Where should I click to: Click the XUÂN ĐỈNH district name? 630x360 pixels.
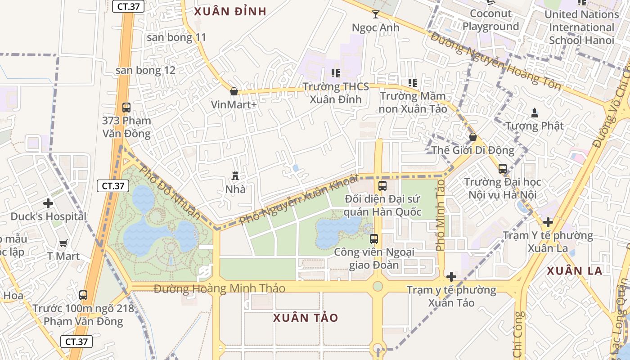230,11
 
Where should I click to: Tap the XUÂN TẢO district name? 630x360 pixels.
306,318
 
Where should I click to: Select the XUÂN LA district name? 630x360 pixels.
575,270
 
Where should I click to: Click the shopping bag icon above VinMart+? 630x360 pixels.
234,91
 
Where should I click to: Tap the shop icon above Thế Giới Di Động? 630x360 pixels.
472,137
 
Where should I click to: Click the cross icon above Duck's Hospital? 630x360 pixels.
48,203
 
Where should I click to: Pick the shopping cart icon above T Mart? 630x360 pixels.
63,243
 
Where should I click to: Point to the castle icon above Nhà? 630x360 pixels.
235,175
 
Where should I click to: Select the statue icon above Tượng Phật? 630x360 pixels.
534,112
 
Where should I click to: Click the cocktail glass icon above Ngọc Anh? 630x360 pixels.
375,14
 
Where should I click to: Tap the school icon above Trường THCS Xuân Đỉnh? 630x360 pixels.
336,73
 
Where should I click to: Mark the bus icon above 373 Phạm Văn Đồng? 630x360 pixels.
126,108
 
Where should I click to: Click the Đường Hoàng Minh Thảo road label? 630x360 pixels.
220,288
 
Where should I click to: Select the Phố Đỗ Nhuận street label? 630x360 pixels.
169,193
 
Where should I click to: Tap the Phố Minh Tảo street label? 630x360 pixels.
440,215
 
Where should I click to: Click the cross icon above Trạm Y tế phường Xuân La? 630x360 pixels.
548,222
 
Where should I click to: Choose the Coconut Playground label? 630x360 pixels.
490,20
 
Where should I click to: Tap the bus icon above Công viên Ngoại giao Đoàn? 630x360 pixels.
374,239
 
